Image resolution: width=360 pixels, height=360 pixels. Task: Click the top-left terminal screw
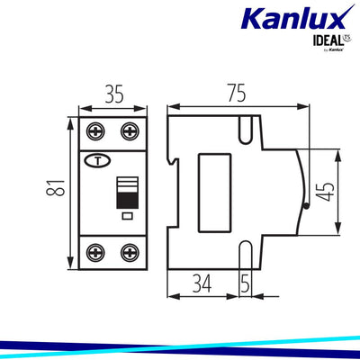tap(95, 132)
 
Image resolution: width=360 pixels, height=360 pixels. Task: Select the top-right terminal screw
tap(130, 132)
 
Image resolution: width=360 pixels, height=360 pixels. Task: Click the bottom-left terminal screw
tap(95, 251)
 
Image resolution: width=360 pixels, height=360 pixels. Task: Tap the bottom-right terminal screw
tap(130, 251)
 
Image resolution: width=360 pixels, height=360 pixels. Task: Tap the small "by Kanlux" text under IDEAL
tap(332, 49)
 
